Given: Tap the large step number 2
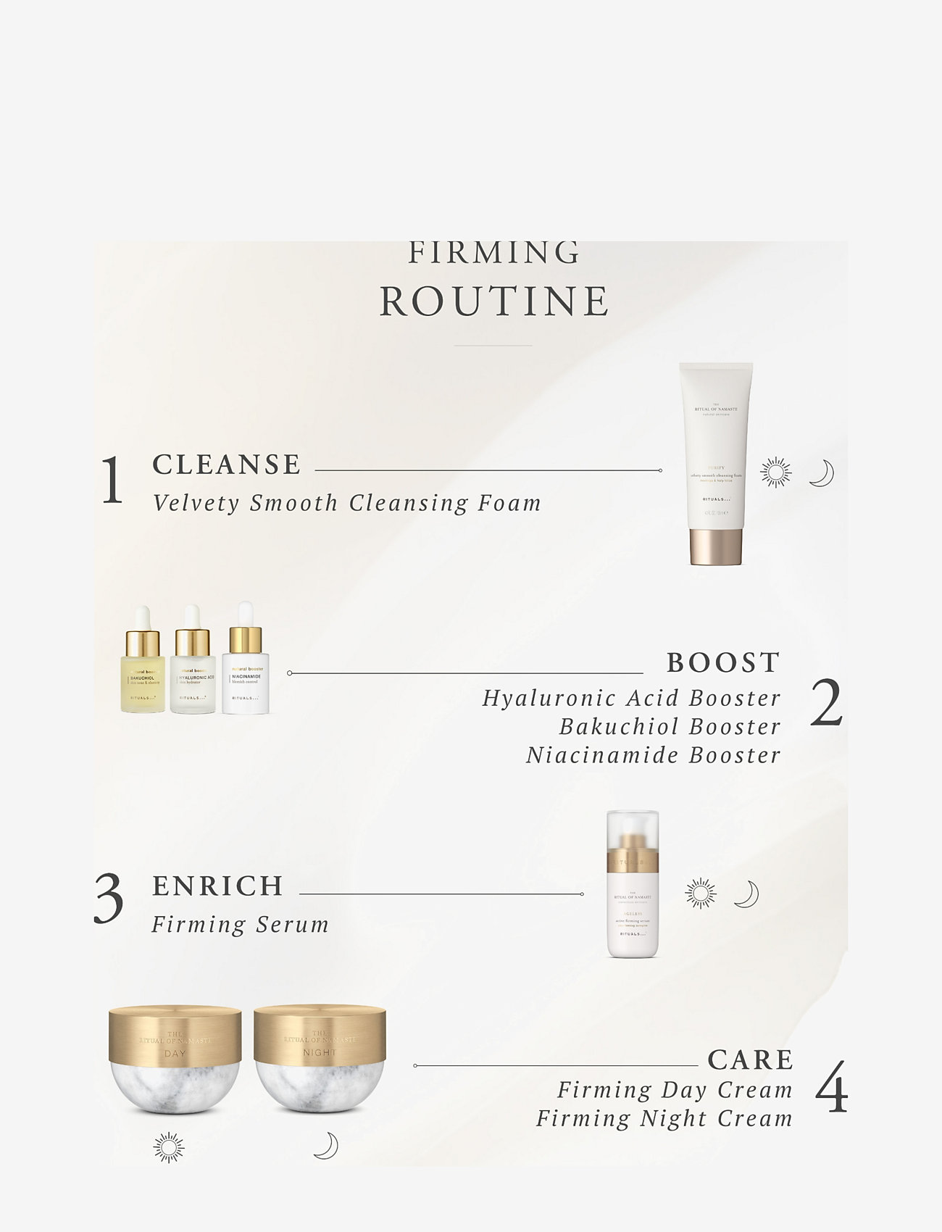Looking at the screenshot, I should (x=826, y=703).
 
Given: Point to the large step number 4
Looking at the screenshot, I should (x=831, y=1087).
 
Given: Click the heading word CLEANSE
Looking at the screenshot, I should (x=227, y=465).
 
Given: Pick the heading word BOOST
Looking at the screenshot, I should (x=723, y=662).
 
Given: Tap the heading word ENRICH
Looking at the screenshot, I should (x=217, y=886).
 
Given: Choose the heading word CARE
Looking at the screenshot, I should (x=751, y=1060).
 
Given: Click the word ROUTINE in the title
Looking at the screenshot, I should (x=494, y=301).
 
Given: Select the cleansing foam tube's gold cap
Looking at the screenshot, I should (x=716, y=546).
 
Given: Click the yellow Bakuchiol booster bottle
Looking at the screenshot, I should (x=143, y=667).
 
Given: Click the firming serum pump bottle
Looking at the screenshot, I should (x=633, y=888).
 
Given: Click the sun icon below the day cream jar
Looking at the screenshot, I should (x=169, y=1148).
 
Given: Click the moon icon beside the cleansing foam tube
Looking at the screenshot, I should (x=821, y=473).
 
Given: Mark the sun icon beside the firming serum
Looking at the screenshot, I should (x=701, y=894).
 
